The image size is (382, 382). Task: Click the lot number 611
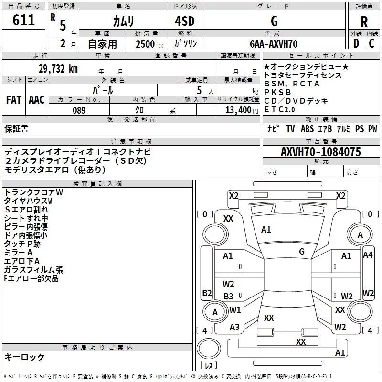24,20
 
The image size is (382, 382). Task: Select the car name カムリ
123,21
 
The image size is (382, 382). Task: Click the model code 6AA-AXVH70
274,44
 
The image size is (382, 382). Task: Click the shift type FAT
14,99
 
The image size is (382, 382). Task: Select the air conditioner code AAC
37,99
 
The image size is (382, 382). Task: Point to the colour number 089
79,110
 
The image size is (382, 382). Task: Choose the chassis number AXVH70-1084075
321,152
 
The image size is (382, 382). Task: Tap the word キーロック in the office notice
25,357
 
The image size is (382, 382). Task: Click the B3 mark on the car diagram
229,296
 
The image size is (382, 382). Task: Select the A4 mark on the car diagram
368,255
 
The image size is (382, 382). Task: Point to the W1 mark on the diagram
235,310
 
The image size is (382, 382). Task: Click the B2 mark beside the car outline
207,293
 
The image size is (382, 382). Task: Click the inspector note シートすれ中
26,218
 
